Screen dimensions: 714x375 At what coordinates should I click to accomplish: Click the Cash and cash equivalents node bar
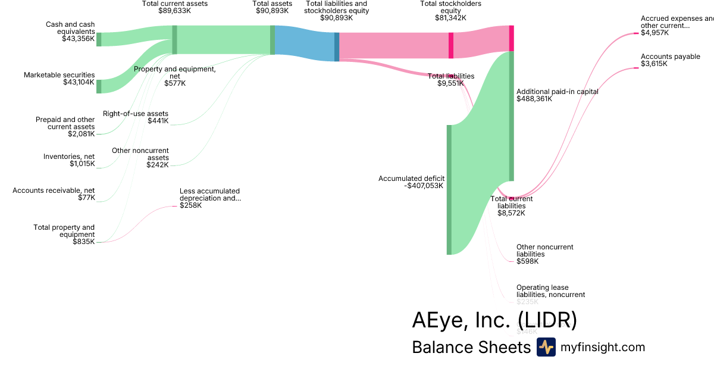click(x=99, y=39)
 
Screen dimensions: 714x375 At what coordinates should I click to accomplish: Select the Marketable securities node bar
click(x=99, y=86)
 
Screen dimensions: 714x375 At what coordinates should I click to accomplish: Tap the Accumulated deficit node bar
click(x=449, y=189)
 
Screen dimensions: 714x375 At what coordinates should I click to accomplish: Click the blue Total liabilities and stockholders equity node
click(x=337, y=46)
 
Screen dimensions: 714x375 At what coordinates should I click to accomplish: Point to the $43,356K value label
click(x=78, y=39)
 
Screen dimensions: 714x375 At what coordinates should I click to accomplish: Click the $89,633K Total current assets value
click(x=175, y=10)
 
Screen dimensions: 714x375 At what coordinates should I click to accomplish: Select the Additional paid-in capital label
click(x=557, y=92)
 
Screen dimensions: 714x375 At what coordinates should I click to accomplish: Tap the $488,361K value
click(x=534, y=99)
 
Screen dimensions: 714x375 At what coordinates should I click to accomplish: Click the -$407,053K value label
click(x=424, y=186)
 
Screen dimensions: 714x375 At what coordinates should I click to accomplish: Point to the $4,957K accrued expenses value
click(x=654, y=33)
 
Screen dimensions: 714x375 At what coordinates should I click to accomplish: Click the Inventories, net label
click(x=69, y=157)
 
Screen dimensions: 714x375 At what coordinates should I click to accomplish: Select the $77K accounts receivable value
click(x=86, y=198)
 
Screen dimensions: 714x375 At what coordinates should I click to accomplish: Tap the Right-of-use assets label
click(x=136, y=114)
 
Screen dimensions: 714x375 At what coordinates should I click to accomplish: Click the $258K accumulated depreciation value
click(x=191, y=205)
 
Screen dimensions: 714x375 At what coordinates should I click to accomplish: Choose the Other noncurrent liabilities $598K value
click(x=528, y=261)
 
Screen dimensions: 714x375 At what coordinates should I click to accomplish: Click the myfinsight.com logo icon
click(x=546, y=347)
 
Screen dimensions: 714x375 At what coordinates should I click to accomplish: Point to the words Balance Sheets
click(x=471, y=347)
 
